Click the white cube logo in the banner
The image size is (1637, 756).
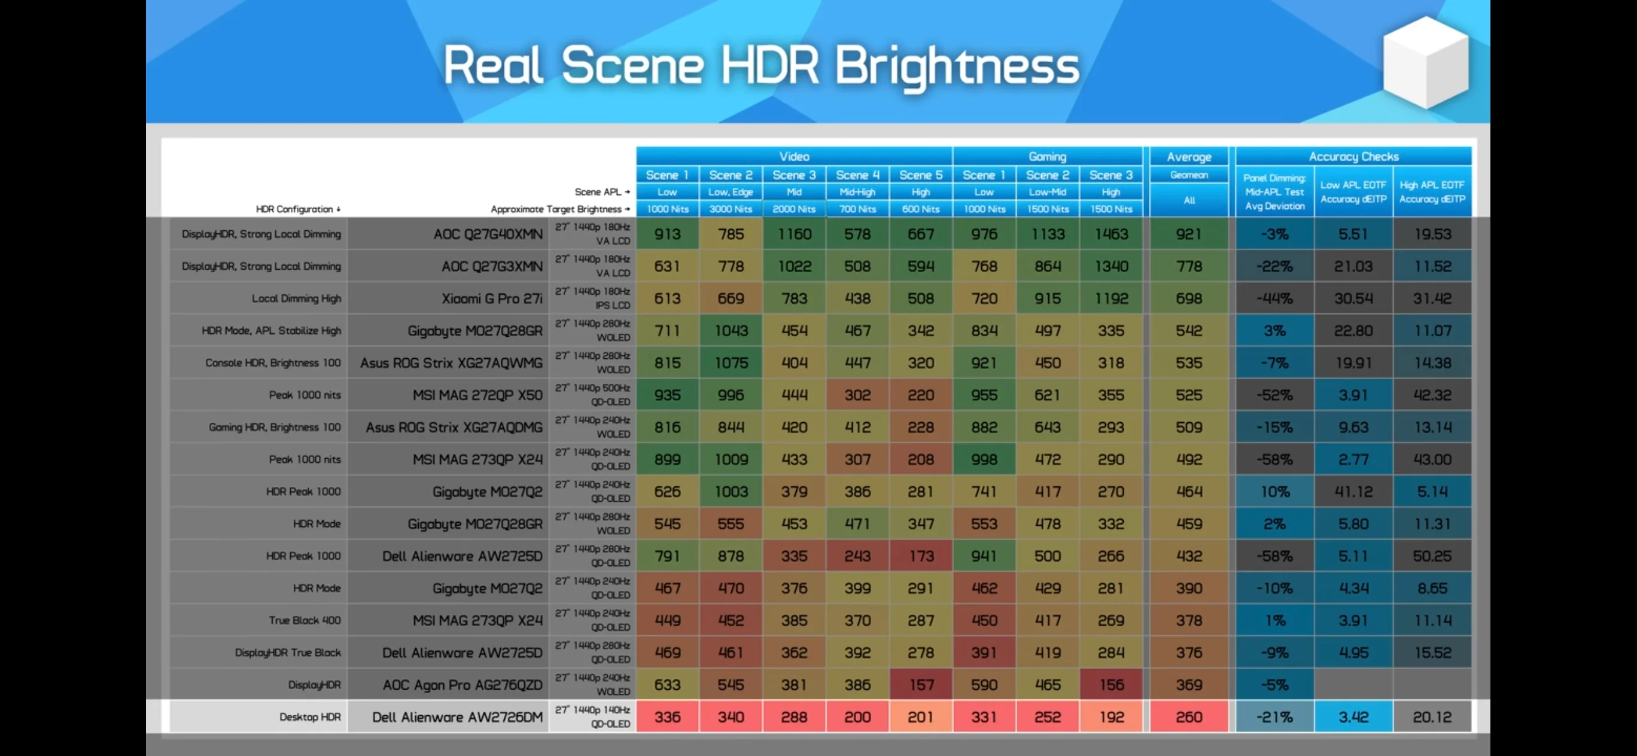[1426, 62]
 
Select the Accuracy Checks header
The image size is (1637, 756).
[1353, 156]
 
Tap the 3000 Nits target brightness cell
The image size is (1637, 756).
[731, 209]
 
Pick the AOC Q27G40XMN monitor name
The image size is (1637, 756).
[488, 234]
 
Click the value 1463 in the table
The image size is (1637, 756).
[1111, 234]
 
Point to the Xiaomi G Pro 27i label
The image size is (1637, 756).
[492, 298]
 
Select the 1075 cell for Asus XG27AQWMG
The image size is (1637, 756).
[731, 363]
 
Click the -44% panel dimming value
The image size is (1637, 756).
[1275, 298]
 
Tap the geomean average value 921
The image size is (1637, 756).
[1188, 234]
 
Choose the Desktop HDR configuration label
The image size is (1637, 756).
[310, 717]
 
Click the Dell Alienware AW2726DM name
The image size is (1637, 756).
[457, 717]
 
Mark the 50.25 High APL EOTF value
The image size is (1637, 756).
[1432, 556]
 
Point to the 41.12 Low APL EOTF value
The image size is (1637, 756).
[1353, 492]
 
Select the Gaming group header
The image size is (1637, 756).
[1047, 156]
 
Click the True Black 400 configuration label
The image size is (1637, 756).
[305, 620]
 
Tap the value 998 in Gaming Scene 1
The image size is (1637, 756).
[984, 459]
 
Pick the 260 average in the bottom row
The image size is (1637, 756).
[1188, 717]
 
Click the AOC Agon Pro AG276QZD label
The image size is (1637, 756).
[463, 685]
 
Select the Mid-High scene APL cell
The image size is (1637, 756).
[857, 192]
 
